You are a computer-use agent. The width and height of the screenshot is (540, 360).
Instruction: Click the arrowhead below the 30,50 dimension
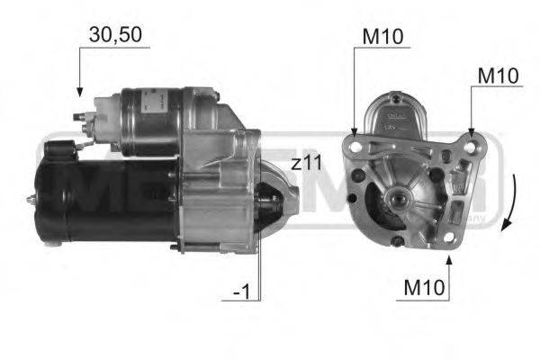coord(79,92)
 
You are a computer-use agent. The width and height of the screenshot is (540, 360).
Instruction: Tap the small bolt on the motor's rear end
coord(33,196)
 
